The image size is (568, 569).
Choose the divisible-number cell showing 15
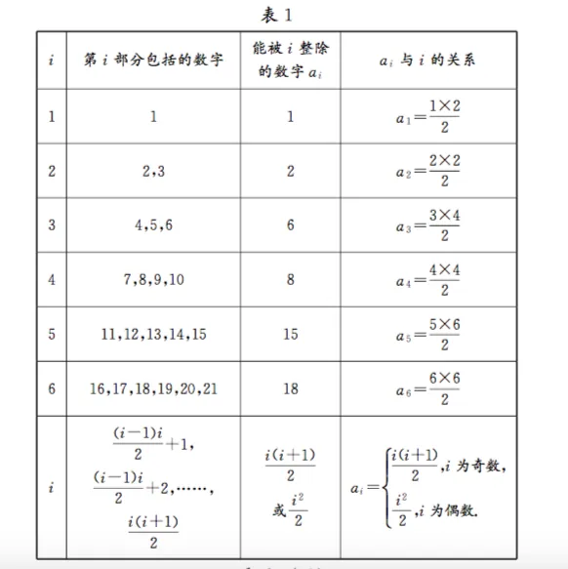pos(291,333)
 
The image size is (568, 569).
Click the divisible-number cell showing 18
pos(291,387)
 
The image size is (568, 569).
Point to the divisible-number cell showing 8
pos(291,279)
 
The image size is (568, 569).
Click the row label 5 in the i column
pos(52,333)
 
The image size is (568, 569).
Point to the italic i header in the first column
pos(52,61)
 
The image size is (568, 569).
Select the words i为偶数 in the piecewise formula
pos(467,510)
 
